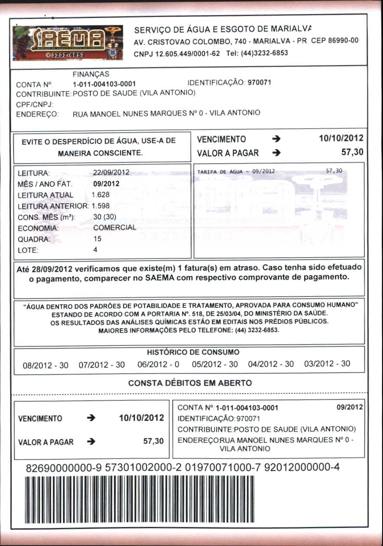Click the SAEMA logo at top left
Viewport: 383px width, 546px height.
point(68,42)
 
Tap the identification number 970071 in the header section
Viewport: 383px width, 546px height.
point(259,82)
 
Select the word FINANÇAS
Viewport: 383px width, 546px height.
point(91,74)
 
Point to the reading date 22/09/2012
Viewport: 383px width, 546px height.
point(111,173)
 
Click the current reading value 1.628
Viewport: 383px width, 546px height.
point(101,195)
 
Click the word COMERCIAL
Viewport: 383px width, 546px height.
point(114,227)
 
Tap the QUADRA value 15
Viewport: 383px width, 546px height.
point(97,239)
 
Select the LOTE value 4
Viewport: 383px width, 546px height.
point(95,250)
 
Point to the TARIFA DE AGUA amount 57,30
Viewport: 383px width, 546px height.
point(334,171)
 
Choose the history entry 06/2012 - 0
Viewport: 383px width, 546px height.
point(158,365)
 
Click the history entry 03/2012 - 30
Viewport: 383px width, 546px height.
point(327,364)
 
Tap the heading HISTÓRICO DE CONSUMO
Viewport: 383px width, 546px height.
point(193,352)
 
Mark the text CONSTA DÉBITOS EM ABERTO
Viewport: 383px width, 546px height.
point(190,383)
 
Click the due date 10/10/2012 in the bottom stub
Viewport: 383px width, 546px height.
point(141,418)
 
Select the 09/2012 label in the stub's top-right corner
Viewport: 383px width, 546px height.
point(349,407)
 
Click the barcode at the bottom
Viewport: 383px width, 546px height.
point(140,499)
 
